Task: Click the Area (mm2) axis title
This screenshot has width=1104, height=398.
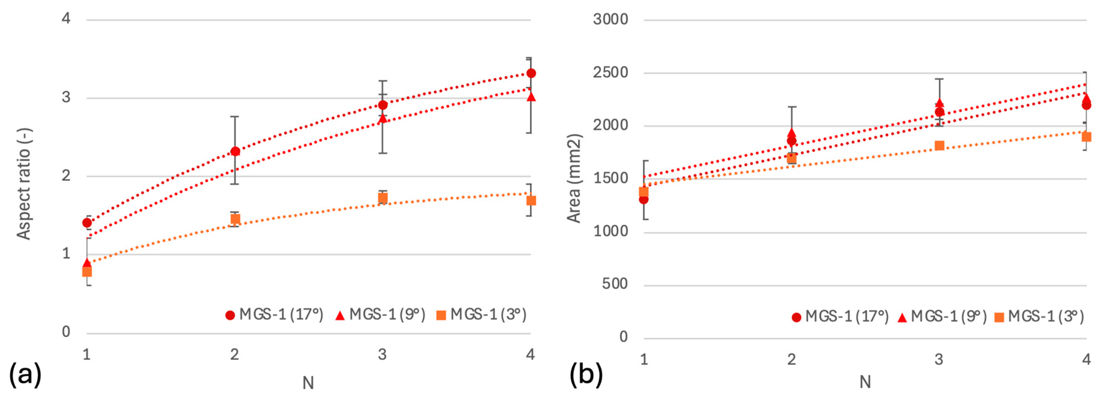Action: click(574, 178)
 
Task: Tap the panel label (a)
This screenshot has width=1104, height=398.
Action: click(25, 374)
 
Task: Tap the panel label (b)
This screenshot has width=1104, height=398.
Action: click(586, 374)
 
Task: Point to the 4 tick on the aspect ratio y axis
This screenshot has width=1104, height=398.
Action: click(66, 18)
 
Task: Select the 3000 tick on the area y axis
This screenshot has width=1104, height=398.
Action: click(610, 19)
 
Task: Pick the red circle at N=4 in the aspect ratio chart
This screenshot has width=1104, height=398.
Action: click(531, 73)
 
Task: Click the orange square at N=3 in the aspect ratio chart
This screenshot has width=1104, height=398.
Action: click(383, 198)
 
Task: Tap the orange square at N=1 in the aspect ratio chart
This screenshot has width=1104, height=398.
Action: click(87, 271)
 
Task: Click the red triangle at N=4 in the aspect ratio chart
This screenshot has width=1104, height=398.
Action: click(531, 97)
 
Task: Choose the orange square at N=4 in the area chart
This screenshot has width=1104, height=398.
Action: click(1086, 137)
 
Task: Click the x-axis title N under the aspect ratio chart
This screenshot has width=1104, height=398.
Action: click(308, 383)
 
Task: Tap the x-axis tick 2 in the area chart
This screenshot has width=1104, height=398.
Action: click(792, 359)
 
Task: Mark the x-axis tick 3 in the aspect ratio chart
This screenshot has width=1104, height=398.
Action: click(382, 354)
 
